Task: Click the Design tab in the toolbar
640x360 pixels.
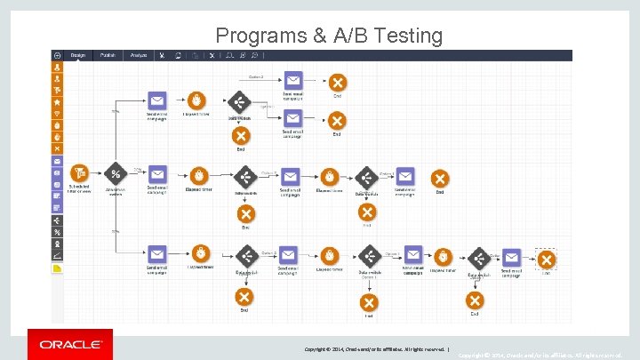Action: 78,55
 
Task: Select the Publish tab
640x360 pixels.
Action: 108,55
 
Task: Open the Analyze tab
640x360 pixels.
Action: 139,55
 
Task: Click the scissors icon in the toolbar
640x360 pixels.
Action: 162,55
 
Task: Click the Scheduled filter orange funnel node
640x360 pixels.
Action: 79,172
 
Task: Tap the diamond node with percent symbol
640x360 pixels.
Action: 116,173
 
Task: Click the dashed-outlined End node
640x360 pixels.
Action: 546,260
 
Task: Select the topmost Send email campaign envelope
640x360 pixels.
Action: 293,80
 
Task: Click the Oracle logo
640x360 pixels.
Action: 70,344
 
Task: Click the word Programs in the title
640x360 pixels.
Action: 261,36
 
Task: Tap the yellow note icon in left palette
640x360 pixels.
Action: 58,268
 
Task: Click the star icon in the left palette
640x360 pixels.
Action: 58,102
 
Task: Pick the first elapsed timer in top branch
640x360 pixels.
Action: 196,100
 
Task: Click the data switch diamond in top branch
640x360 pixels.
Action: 238,101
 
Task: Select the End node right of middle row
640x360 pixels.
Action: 439,178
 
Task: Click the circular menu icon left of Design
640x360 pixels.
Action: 58,55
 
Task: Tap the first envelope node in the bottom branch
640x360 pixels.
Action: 156,253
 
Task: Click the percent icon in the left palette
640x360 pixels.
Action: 58,232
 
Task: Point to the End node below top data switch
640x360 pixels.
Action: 240,135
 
